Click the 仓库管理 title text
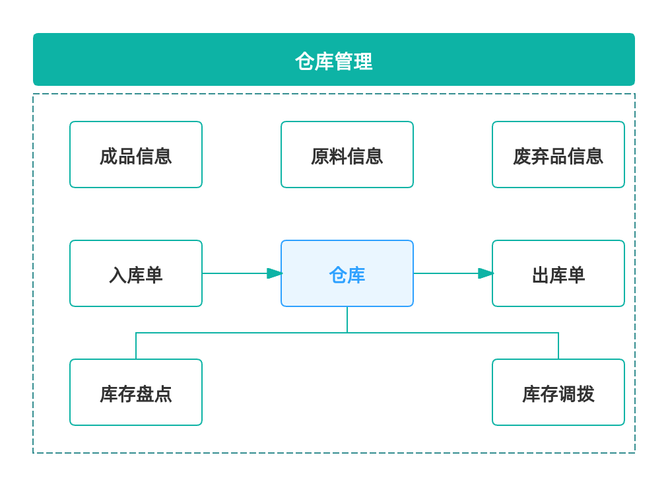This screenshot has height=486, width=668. click(x=333, y=61)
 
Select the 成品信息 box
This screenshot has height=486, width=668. click(x=136, y=155)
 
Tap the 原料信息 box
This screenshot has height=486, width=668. click(x=347, y=155)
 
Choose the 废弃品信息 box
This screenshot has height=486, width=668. click(x=558, y=155)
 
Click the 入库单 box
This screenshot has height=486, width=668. click(x=136, y=273)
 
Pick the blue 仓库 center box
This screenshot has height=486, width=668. click(x=347, y=273)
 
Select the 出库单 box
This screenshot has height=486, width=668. click(x=558, y=273)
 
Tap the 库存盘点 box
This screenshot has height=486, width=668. click(x=136, y=392)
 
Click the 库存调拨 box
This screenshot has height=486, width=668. click(x=558, y=392)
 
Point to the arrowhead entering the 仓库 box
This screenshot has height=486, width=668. click(x=275, y=273)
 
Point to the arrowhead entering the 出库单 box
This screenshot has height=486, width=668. click(x=486, y=273)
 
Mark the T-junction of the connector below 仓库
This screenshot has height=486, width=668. click(x=347, y=333)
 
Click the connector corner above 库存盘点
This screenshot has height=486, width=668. click(x=136, y=333)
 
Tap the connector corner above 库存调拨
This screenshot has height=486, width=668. click(x=558, y=333)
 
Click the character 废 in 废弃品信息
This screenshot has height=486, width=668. click(x=522, y=156)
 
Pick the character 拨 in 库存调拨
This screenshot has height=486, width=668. click(x=585, y=394)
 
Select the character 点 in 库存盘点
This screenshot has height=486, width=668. click(x=163, y=394)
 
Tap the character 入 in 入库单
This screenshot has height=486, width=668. click(x=118, y=275)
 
